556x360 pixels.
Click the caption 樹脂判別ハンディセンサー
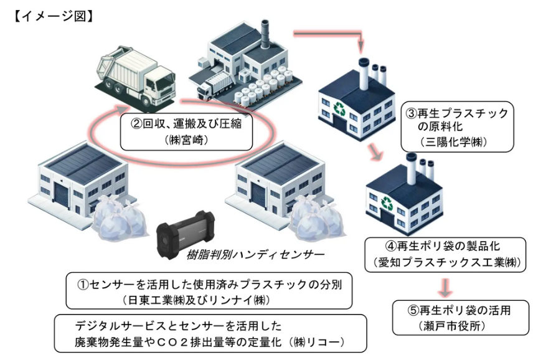(x=255, y=255)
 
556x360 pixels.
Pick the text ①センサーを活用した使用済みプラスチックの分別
(x=210, y=283)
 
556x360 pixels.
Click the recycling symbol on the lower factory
(x=386, y=202)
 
